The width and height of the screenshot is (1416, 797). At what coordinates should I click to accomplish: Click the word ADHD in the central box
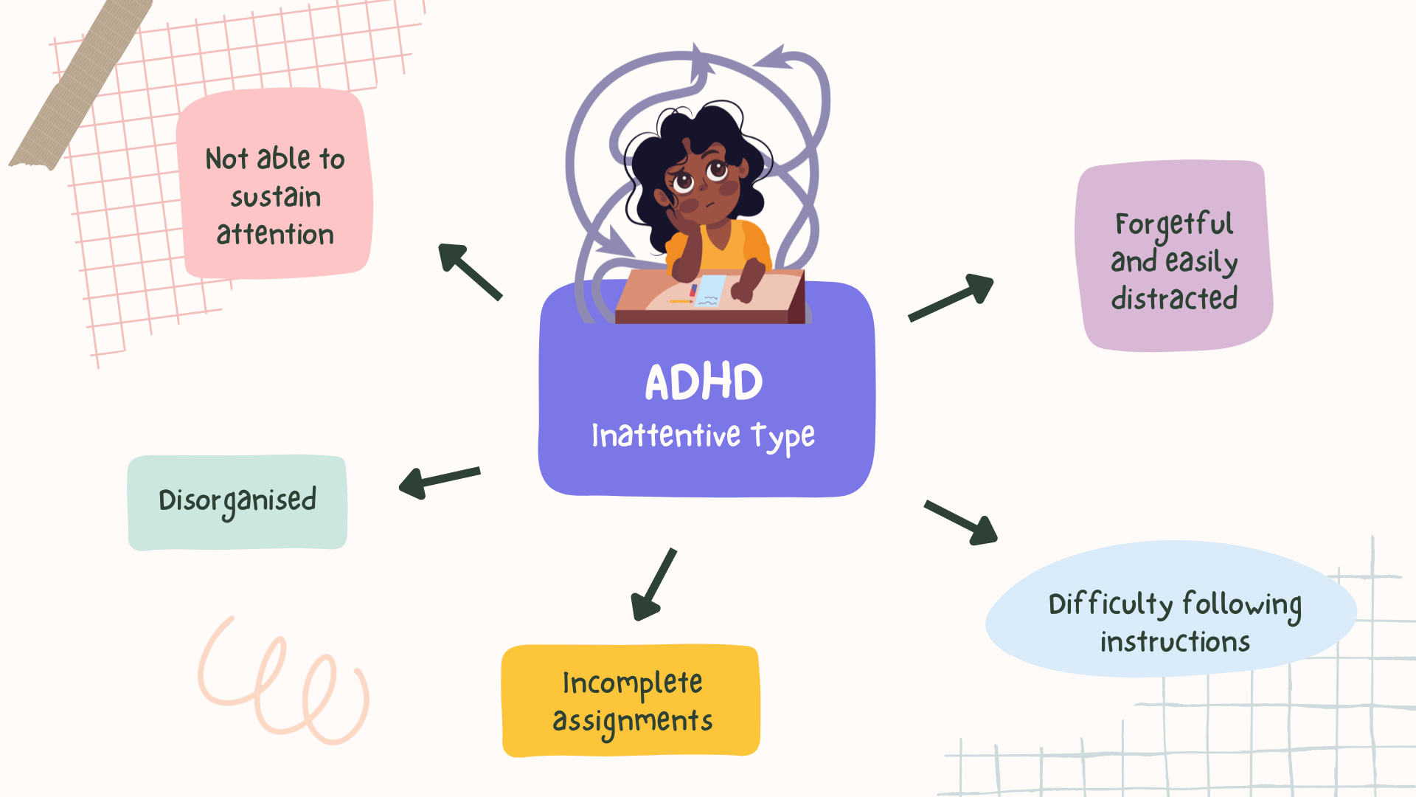click(x=704, y=382)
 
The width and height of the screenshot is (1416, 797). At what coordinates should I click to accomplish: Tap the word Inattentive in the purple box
click(x=665, y=435)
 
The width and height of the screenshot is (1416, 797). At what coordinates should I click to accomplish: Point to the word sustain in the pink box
click(x=276, y=196)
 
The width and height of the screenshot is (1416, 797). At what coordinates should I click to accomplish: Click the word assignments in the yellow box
click(x=632, y=722)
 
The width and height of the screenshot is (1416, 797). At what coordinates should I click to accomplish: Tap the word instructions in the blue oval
click(x=1175, y=642)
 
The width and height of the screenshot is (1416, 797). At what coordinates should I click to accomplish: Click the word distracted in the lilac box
click(x=1174, y=298)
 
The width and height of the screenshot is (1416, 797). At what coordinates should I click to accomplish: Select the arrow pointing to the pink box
click(x=470, y=272)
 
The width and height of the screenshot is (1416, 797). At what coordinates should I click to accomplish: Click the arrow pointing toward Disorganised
click(x=440, y=483)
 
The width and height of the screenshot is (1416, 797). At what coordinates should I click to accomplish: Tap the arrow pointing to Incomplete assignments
click(x=653, y=584)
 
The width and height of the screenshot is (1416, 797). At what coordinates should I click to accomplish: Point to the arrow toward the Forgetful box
click(x=951, y=298)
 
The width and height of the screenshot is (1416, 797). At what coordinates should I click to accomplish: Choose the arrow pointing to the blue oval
click(x=961, y=522)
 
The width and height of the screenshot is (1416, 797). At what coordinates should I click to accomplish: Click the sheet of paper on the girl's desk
click(x=709, y=291)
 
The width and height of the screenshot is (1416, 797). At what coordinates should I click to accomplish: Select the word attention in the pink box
click(x=275, y=234)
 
